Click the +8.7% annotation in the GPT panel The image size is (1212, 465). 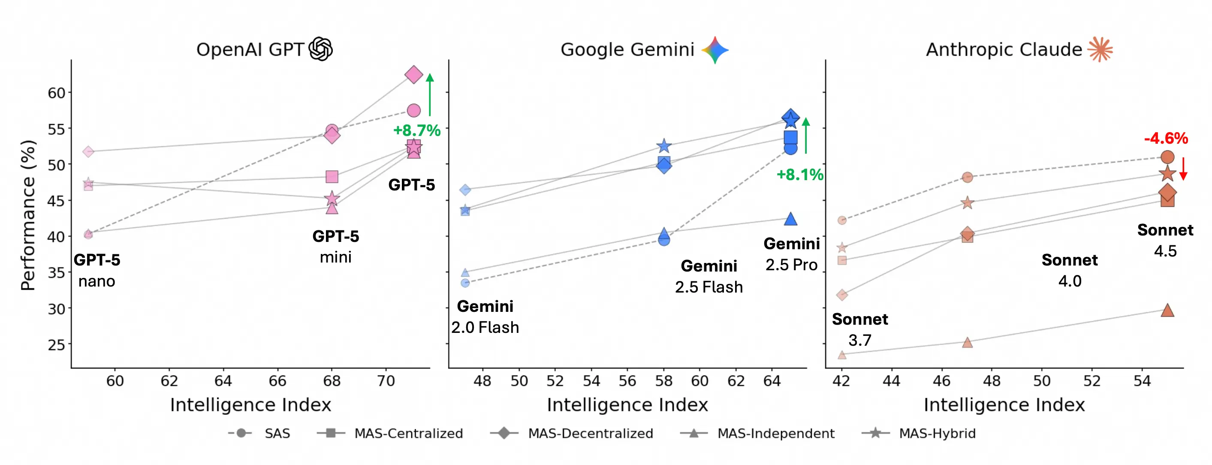pos(416,130)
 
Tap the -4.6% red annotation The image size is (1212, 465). pos(1166,139)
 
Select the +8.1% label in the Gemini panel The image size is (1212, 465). pos(799,175)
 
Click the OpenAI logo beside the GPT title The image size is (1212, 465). pos(320,49)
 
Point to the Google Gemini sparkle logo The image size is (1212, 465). pos(715,49)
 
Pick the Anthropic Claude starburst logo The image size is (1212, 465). pos(1100,49)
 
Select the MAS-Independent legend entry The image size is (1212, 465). pos(757,433)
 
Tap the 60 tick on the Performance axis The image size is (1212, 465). pos(57,93)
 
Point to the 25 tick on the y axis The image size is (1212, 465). pos(57,345)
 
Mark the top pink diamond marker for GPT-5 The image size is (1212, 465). pos(413,74)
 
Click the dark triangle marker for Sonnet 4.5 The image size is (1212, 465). pos(1167,311)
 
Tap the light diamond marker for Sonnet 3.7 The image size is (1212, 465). pos(842,295)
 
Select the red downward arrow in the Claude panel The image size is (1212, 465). pos(1183,169)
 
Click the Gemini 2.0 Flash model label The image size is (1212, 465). pos(485,317)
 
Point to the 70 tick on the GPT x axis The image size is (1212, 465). pos(386,380)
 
